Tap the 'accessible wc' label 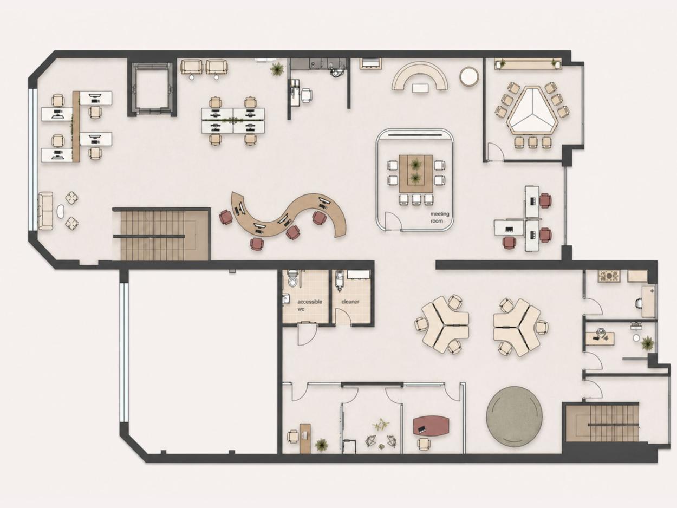[x=309, y=305]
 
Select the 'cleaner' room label [x=350, y=302]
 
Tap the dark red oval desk [x=431, y=425]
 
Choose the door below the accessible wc [x=307, y=334]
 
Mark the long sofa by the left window [x=45, y=211]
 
